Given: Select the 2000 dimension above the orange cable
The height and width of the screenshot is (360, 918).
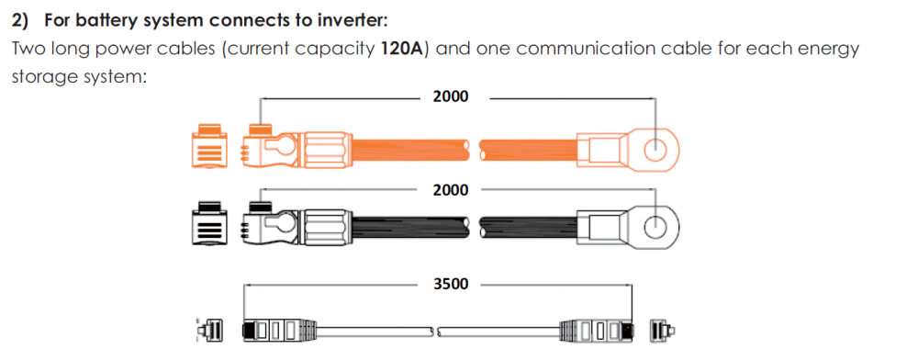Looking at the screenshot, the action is (x=451, y=97).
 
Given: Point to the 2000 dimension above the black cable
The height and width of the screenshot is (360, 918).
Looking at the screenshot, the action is (x=451, y=190).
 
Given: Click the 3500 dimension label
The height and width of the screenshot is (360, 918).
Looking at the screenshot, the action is (x=451, y=285).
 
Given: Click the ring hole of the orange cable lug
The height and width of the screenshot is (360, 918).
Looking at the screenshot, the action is (x=655, y=151).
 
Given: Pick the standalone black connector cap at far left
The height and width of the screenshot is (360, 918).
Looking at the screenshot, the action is (x=207, y=223).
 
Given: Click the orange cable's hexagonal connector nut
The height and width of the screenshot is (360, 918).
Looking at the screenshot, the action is (x=326, y=151).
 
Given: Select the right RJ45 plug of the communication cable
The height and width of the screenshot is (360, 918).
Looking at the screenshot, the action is (x=598, y=331).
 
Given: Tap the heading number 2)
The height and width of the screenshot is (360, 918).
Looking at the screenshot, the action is (x=21, y=21).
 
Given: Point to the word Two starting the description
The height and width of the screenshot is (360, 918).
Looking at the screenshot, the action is (x=26, y=48).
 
